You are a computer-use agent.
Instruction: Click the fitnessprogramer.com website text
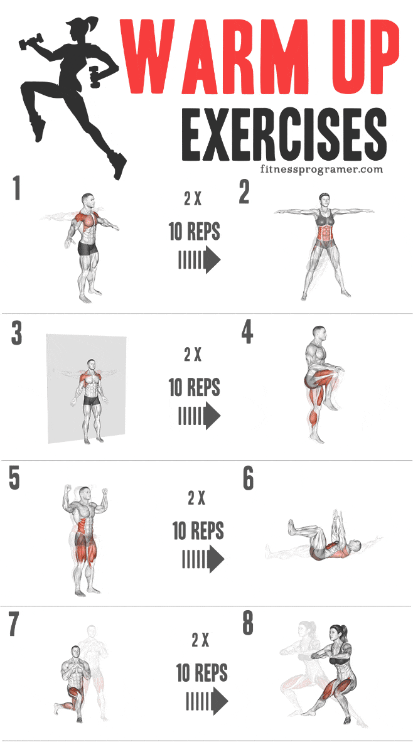click(x=320, y=169)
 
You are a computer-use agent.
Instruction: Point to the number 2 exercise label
click(x=245, y=193)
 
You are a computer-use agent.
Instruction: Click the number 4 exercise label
click(x=247, y=333)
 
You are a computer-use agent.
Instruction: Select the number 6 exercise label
click(x=248, y=480)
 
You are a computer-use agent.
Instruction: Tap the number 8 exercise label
click(x=248, y=624)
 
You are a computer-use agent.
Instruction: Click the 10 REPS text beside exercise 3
click(x=195, y=387)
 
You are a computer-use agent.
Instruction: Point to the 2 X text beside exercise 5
click(x=196, y=498)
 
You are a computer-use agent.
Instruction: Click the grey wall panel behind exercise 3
click(x=60, y=389)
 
